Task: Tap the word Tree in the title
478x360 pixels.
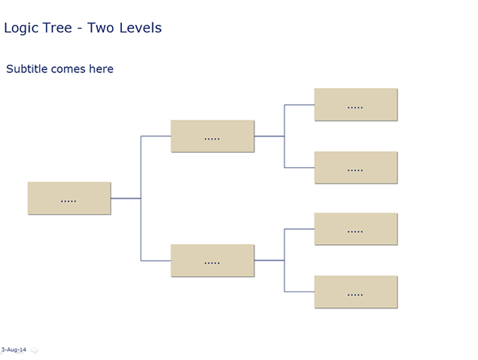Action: (57, 28)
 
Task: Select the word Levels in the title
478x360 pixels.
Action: (140, 28)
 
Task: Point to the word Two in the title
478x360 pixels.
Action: (101, 28)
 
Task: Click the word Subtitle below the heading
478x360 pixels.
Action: (27, 69)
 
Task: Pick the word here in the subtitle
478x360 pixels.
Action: (101, 69)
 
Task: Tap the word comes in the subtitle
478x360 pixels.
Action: (69, 69)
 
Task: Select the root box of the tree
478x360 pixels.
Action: (69, 198)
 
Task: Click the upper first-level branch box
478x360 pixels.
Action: (212, 136)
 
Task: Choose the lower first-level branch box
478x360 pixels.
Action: (212, 261)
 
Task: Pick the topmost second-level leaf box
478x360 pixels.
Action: (356, 105)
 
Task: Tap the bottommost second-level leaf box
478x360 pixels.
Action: (356, 292)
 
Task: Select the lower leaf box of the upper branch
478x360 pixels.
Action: (356, 167)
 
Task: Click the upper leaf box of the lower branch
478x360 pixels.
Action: (356, 229)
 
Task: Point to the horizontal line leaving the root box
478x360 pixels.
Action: (126, 198)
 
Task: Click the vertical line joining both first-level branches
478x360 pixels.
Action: (141, 198)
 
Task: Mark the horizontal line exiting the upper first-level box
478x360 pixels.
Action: (269, 136)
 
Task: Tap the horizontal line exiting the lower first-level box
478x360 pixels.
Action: (269, 261)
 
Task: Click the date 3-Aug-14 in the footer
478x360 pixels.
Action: (14, 349)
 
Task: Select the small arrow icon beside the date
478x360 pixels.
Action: (35, 350)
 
